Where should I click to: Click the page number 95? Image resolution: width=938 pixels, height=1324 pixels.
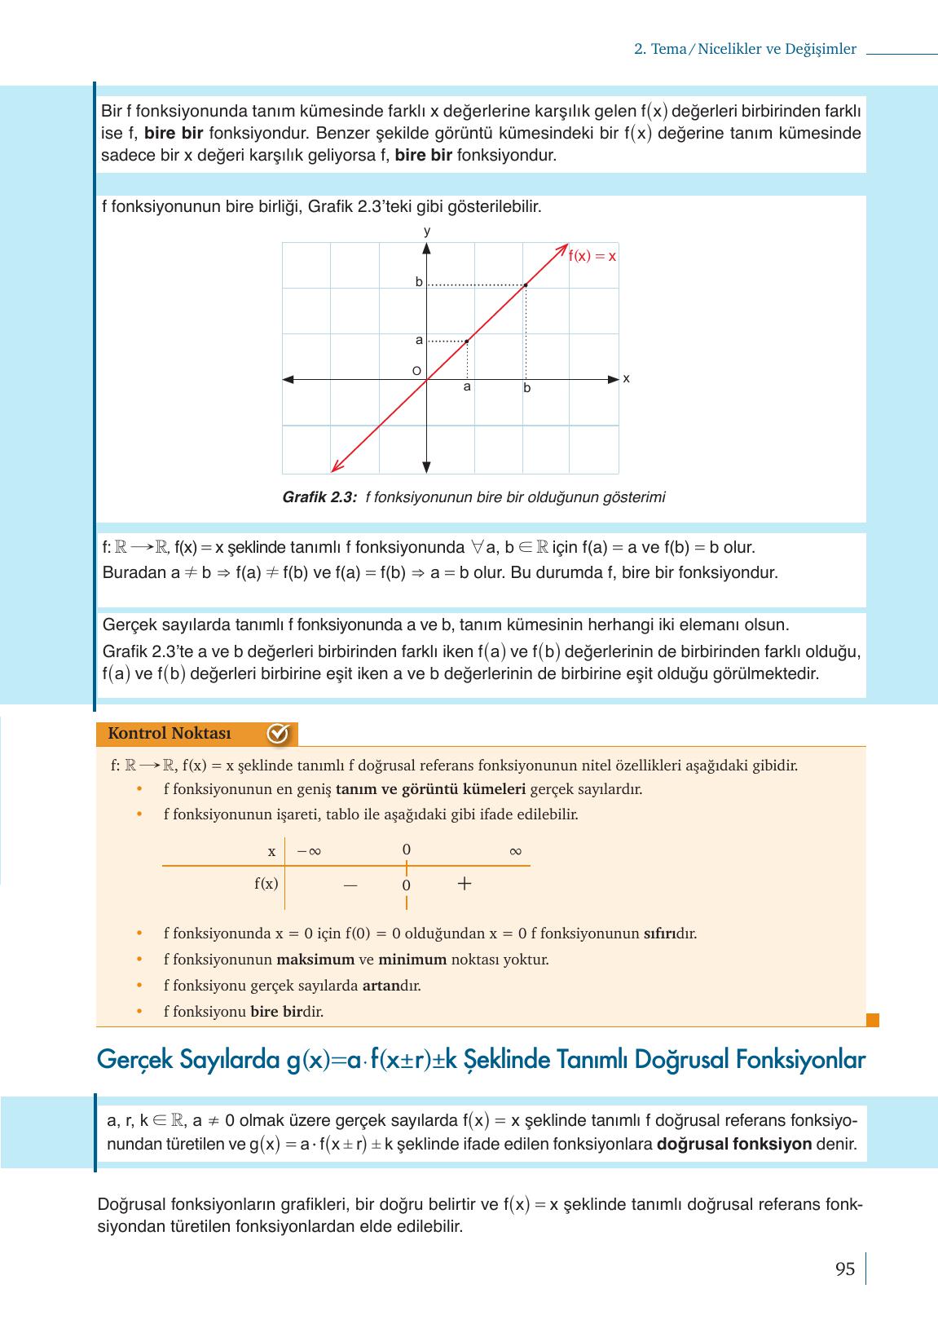tap(844, 1269)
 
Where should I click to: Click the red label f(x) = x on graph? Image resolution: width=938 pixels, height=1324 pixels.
tap(592, 256)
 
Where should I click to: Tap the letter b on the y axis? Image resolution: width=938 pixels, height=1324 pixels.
tap(419, 282)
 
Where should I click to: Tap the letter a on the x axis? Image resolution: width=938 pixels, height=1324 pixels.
tap(467, 387)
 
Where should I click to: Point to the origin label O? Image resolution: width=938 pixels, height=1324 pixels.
tap(416, 372)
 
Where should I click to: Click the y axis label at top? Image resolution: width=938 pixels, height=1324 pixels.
tap(426, 232)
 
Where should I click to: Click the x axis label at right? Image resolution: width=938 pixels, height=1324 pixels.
tap(626, 379)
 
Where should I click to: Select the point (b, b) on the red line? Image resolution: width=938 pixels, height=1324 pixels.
tap(526, 285)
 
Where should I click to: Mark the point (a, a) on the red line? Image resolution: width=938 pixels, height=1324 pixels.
tap(466, 341)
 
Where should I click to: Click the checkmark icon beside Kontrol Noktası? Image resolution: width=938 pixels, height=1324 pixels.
tap(278, 734)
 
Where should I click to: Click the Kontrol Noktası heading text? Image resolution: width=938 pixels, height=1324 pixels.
tap(170, 734)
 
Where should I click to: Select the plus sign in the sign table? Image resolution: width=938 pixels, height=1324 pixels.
tap(465, 884)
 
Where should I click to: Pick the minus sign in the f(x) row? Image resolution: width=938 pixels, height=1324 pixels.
tap(350, 885)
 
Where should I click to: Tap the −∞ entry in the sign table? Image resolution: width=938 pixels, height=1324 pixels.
tap(309, 851)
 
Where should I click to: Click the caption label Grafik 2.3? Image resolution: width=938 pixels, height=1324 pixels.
tap(319, 497)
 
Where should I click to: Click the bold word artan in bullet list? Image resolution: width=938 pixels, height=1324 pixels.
tap(381, 986)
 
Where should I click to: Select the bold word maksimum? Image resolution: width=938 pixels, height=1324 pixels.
tap(315, 960)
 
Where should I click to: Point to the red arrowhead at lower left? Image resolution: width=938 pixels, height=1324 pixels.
tap(333, 469)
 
